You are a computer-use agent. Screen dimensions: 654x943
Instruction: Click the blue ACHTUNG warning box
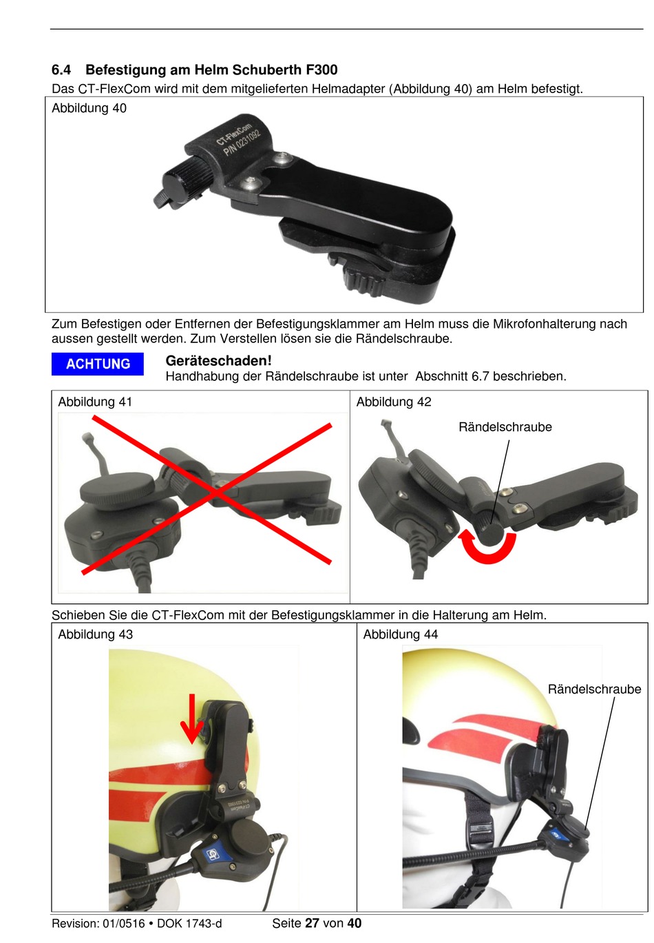pos(97,364)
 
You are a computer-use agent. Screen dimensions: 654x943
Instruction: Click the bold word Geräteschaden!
pos(218,361)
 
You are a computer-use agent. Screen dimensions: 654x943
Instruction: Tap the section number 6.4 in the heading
pos(61,70)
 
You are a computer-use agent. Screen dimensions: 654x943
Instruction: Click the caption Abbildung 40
pos(89,109)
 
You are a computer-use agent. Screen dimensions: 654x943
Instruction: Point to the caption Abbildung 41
pos(95,402)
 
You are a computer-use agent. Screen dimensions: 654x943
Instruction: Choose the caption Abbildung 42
pos(394,402)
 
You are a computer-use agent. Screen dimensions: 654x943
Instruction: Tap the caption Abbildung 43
pos(95,634)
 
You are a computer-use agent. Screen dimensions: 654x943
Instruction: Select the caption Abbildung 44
pos(400,634)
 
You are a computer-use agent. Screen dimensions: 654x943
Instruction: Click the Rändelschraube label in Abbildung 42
pos(505,427)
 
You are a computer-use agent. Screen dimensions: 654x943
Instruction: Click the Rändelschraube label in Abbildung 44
pos(594,689)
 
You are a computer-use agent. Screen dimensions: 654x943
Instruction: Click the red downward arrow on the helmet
pos(191,718)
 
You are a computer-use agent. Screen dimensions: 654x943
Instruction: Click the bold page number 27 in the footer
pos(312,923)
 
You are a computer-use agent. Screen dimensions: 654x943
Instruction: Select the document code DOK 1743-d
pos(189,924)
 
